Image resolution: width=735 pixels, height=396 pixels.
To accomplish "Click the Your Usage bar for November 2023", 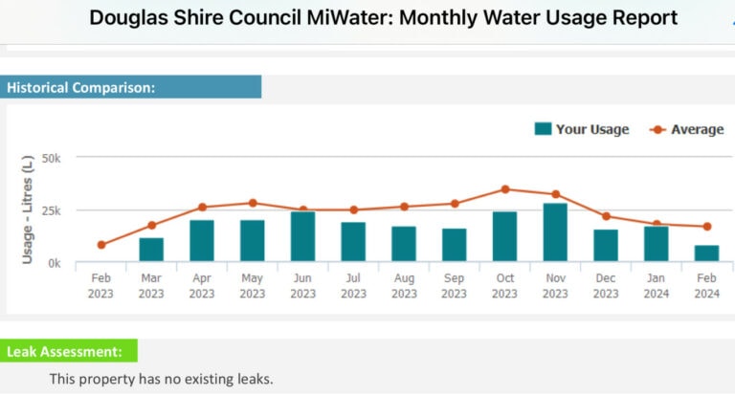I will (x=555, y=232).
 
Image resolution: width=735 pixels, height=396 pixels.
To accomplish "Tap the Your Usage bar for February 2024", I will (x=706, y=253).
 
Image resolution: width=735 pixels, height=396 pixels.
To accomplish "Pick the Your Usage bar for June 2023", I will (x=302, y=236).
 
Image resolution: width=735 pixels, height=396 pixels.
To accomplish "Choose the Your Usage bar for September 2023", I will (x=455, y=245).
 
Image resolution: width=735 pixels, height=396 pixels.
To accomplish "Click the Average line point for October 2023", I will (x=505, y=189).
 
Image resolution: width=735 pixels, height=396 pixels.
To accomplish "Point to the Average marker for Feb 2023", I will (x=101, y=245).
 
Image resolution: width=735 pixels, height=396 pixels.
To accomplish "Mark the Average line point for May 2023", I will (x=253, y=203).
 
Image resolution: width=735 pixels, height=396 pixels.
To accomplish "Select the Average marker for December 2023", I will (x=606, y=216).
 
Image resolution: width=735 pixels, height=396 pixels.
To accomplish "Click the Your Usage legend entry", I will (x=581, y=129).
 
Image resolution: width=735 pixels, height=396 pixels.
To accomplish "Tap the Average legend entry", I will (x=686, y=129).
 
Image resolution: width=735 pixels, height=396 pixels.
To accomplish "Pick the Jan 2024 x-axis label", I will (x=657, y=286).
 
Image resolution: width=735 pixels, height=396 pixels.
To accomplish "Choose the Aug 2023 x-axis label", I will (x=404, y=286).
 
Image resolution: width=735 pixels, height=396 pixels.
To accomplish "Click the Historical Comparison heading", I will (x=81, y=87).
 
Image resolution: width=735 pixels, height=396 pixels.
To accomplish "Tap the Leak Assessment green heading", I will (x=65, y=351).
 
